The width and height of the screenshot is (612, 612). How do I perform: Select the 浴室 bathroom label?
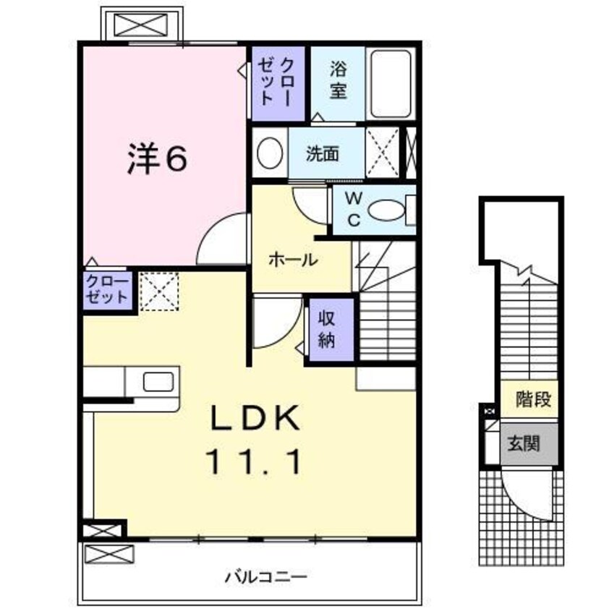pos(338,80)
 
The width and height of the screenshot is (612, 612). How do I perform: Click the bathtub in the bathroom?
pos(391,82)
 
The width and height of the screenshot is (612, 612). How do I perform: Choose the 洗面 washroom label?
pos(323,153)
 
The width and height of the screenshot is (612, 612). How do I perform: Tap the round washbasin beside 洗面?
pos(271,153)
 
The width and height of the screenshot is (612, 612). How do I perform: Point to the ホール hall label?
pos(293,260)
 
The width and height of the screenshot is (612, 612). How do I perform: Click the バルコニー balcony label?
pos(265,577)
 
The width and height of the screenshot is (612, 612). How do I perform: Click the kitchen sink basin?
pos(158,381)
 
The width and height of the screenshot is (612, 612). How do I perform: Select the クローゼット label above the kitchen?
pos(107,289)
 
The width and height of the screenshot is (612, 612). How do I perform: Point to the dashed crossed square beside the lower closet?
pos(159,291)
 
